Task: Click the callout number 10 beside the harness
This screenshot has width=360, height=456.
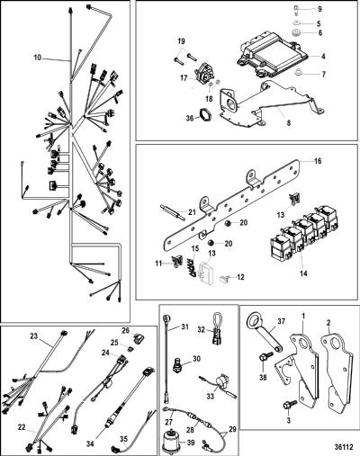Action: point(38,58)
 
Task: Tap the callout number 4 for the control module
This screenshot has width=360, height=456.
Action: point(323,56)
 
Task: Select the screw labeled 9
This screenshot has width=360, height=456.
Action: point(296,9)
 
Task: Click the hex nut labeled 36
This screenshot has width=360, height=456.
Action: point(203,114)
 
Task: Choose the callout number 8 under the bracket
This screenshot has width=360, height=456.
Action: point(289,123)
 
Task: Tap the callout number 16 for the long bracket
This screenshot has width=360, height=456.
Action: point(318,161)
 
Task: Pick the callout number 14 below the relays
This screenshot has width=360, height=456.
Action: point(304,273)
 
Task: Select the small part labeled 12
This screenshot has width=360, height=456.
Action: point(225,279)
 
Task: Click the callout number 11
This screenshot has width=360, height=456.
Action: point(158,264)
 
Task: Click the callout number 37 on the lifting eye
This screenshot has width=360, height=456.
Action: point(281,322)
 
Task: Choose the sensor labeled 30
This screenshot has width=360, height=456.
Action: point(177,364)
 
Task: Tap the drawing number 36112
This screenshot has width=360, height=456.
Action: point(343,447)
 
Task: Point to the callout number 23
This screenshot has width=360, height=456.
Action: point(34,336)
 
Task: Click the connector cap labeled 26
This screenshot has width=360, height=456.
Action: point(138,340)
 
